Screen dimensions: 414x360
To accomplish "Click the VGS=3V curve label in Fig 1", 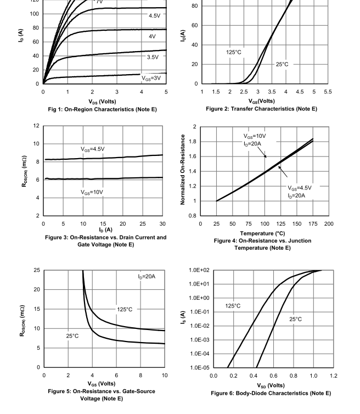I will [x=151, y=78].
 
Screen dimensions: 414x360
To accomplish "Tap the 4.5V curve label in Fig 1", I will [x=155, y=16].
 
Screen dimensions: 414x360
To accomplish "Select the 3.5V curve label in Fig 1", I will [x=153, y=57].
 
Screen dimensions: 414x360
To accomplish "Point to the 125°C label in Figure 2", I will [x=234, y=52].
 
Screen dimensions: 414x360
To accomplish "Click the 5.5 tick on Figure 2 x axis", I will [x=328, y=92].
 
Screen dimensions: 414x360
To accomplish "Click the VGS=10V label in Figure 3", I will [x=92, y=192].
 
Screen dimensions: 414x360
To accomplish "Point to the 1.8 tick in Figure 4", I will [x=193, y=142].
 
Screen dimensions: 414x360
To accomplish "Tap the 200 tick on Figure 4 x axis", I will [x=328, y=224].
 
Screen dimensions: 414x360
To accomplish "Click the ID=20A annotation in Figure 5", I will [x=147, y=276].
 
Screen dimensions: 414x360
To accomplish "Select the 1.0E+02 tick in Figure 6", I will [x=199, y=270].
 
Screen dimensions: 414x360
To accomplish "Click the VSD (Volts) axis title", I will [x=271, y=385].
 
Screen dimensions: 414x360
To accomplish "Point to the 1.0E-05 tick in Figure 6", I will [x=199, y=367].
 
